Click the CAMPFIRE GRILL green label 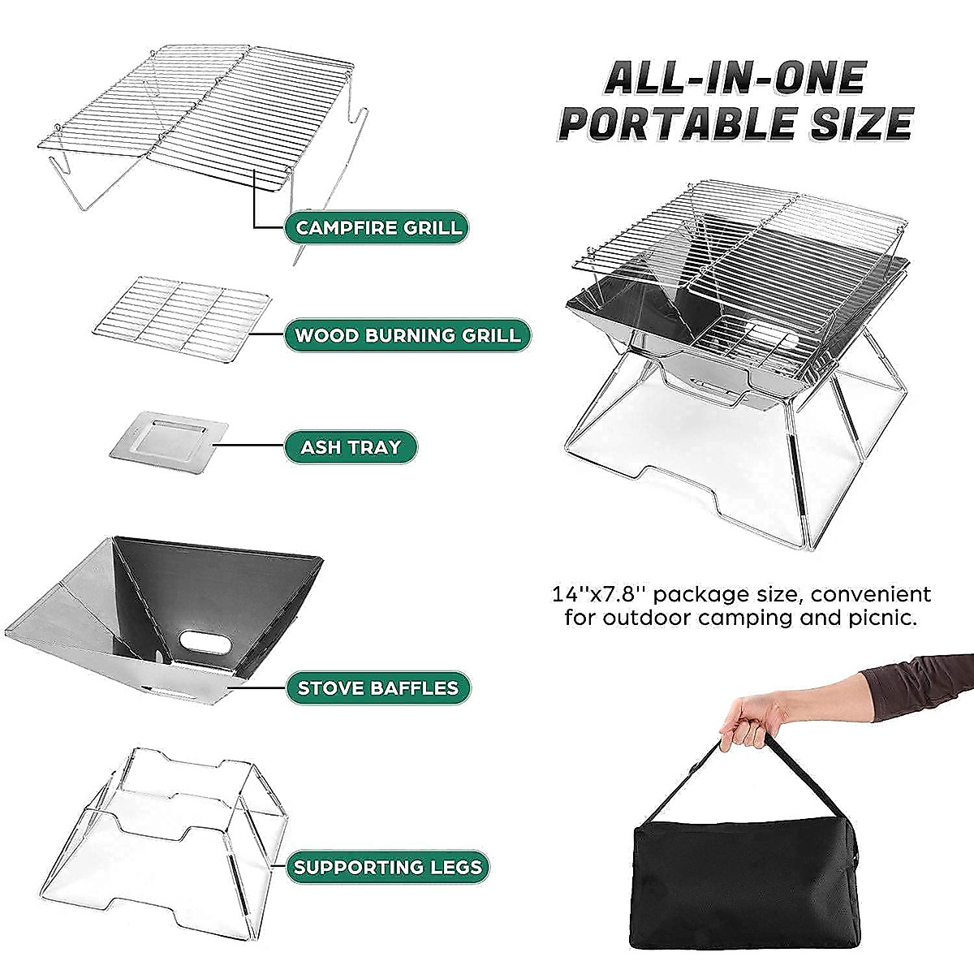tap(377, 227)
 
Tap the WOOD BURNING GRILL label tap(407, 335)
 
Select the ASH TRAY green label tap(351, 447)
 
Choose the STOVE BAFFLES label tap(377, 688)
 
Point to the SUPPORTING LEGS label tap(388, 867)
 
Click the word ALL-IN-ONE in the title tap(735, 78)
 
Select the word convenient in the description tap(870, 594)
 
